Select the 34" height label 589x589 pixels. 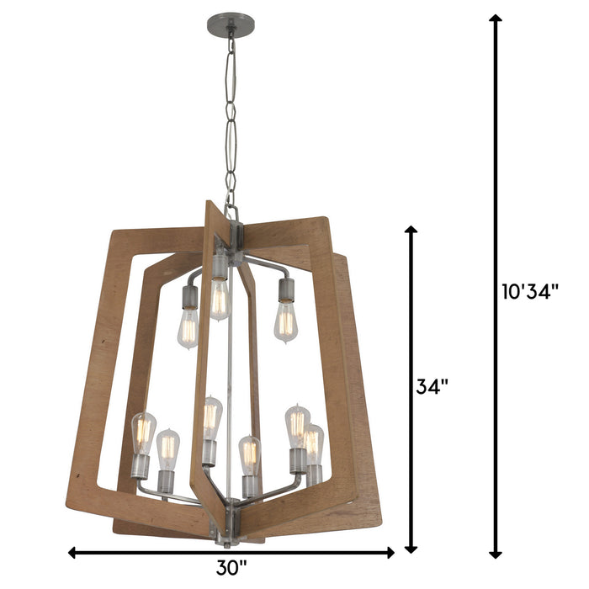(432, 388)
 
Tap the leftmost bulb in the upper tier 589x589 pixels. (188, 328)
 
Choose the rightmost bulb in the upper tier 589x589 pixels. (286, 322)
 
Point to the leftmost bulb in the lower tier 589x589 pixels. (143, 431)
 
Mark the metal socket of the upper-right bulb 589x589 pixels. (284, 290)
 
